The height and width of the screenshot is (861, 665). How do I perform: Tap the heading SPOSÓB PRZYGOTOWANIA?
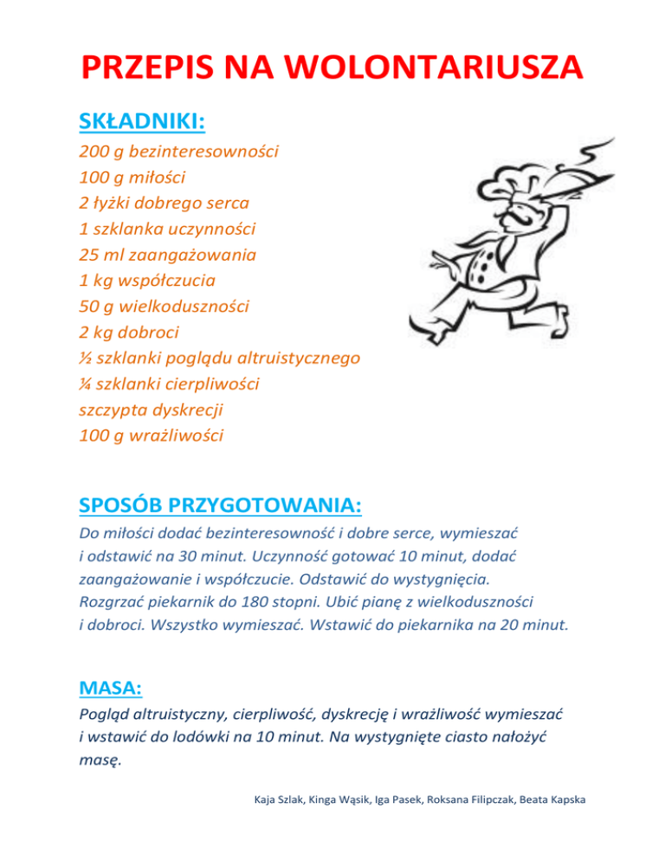[220, 503]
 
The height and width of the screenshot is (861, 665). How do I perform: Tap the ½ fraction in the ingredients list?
[85, 358]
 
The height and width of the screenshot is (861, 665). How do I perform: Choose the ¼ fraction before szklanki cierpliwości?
[85, 383]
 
